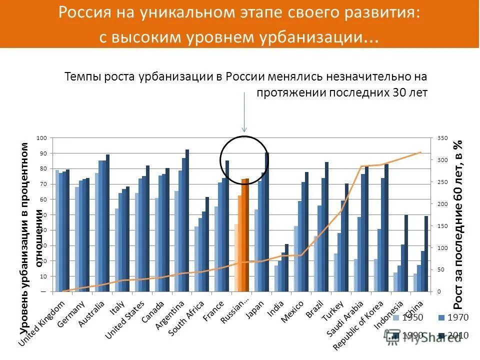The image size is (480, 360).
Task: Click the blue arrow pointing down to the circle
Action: [x=244, y=112]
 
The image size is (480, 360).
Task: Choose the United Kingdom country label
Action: [x=42, y=322]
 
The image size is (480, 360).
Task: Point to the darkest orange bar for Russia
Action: [x=247, y=235]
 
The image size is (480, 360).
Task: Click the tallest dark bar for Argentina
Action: [x=187, y=220]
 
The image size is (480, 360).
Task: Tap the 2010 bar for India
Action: [x=286, y=267]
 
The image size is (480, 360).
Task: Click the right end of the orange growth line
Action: [x=420, y=152]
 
